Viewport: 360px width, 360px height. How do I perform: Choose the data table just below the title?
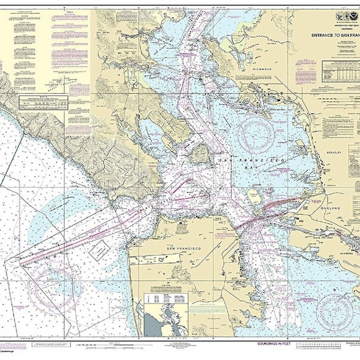pos(336,73)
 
